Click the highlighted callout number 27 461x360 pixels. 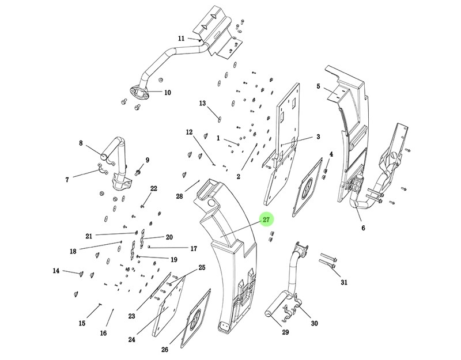click(x=266, y=220)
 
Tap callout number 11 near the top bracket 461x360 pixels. click(x=181, y=39)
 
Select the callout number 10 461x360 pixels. click(x=168, y=92)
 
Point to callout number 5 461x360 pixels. click(x=318, y=86)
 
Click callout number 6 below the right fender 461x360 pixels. click(x=363, y=228)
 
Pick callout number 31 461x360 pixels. click(x=344, y=282)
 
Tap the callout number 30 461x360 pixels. click(x=314, y=323)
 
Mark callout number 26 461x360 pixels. click(x=165, y=350)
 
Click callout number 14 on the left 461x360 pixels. click(x=56, y=271)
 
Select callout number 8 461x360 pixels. click(x=81, y=143)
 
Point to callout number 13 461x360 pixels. click(x=202, y=104)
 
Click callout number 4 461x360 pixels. click(x=331, y=154)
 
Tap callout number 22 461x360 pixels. click(x=154, y=188)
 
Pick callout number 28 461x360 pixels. click(x=179, y=196)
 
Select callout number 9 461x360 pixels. click(x=147, y=160)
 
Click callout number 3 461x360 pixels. click(x=318, y=137)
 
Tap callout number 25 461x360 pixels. click(x=202, y=267)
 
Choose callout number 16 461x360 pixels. click(x=103, y=333)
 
